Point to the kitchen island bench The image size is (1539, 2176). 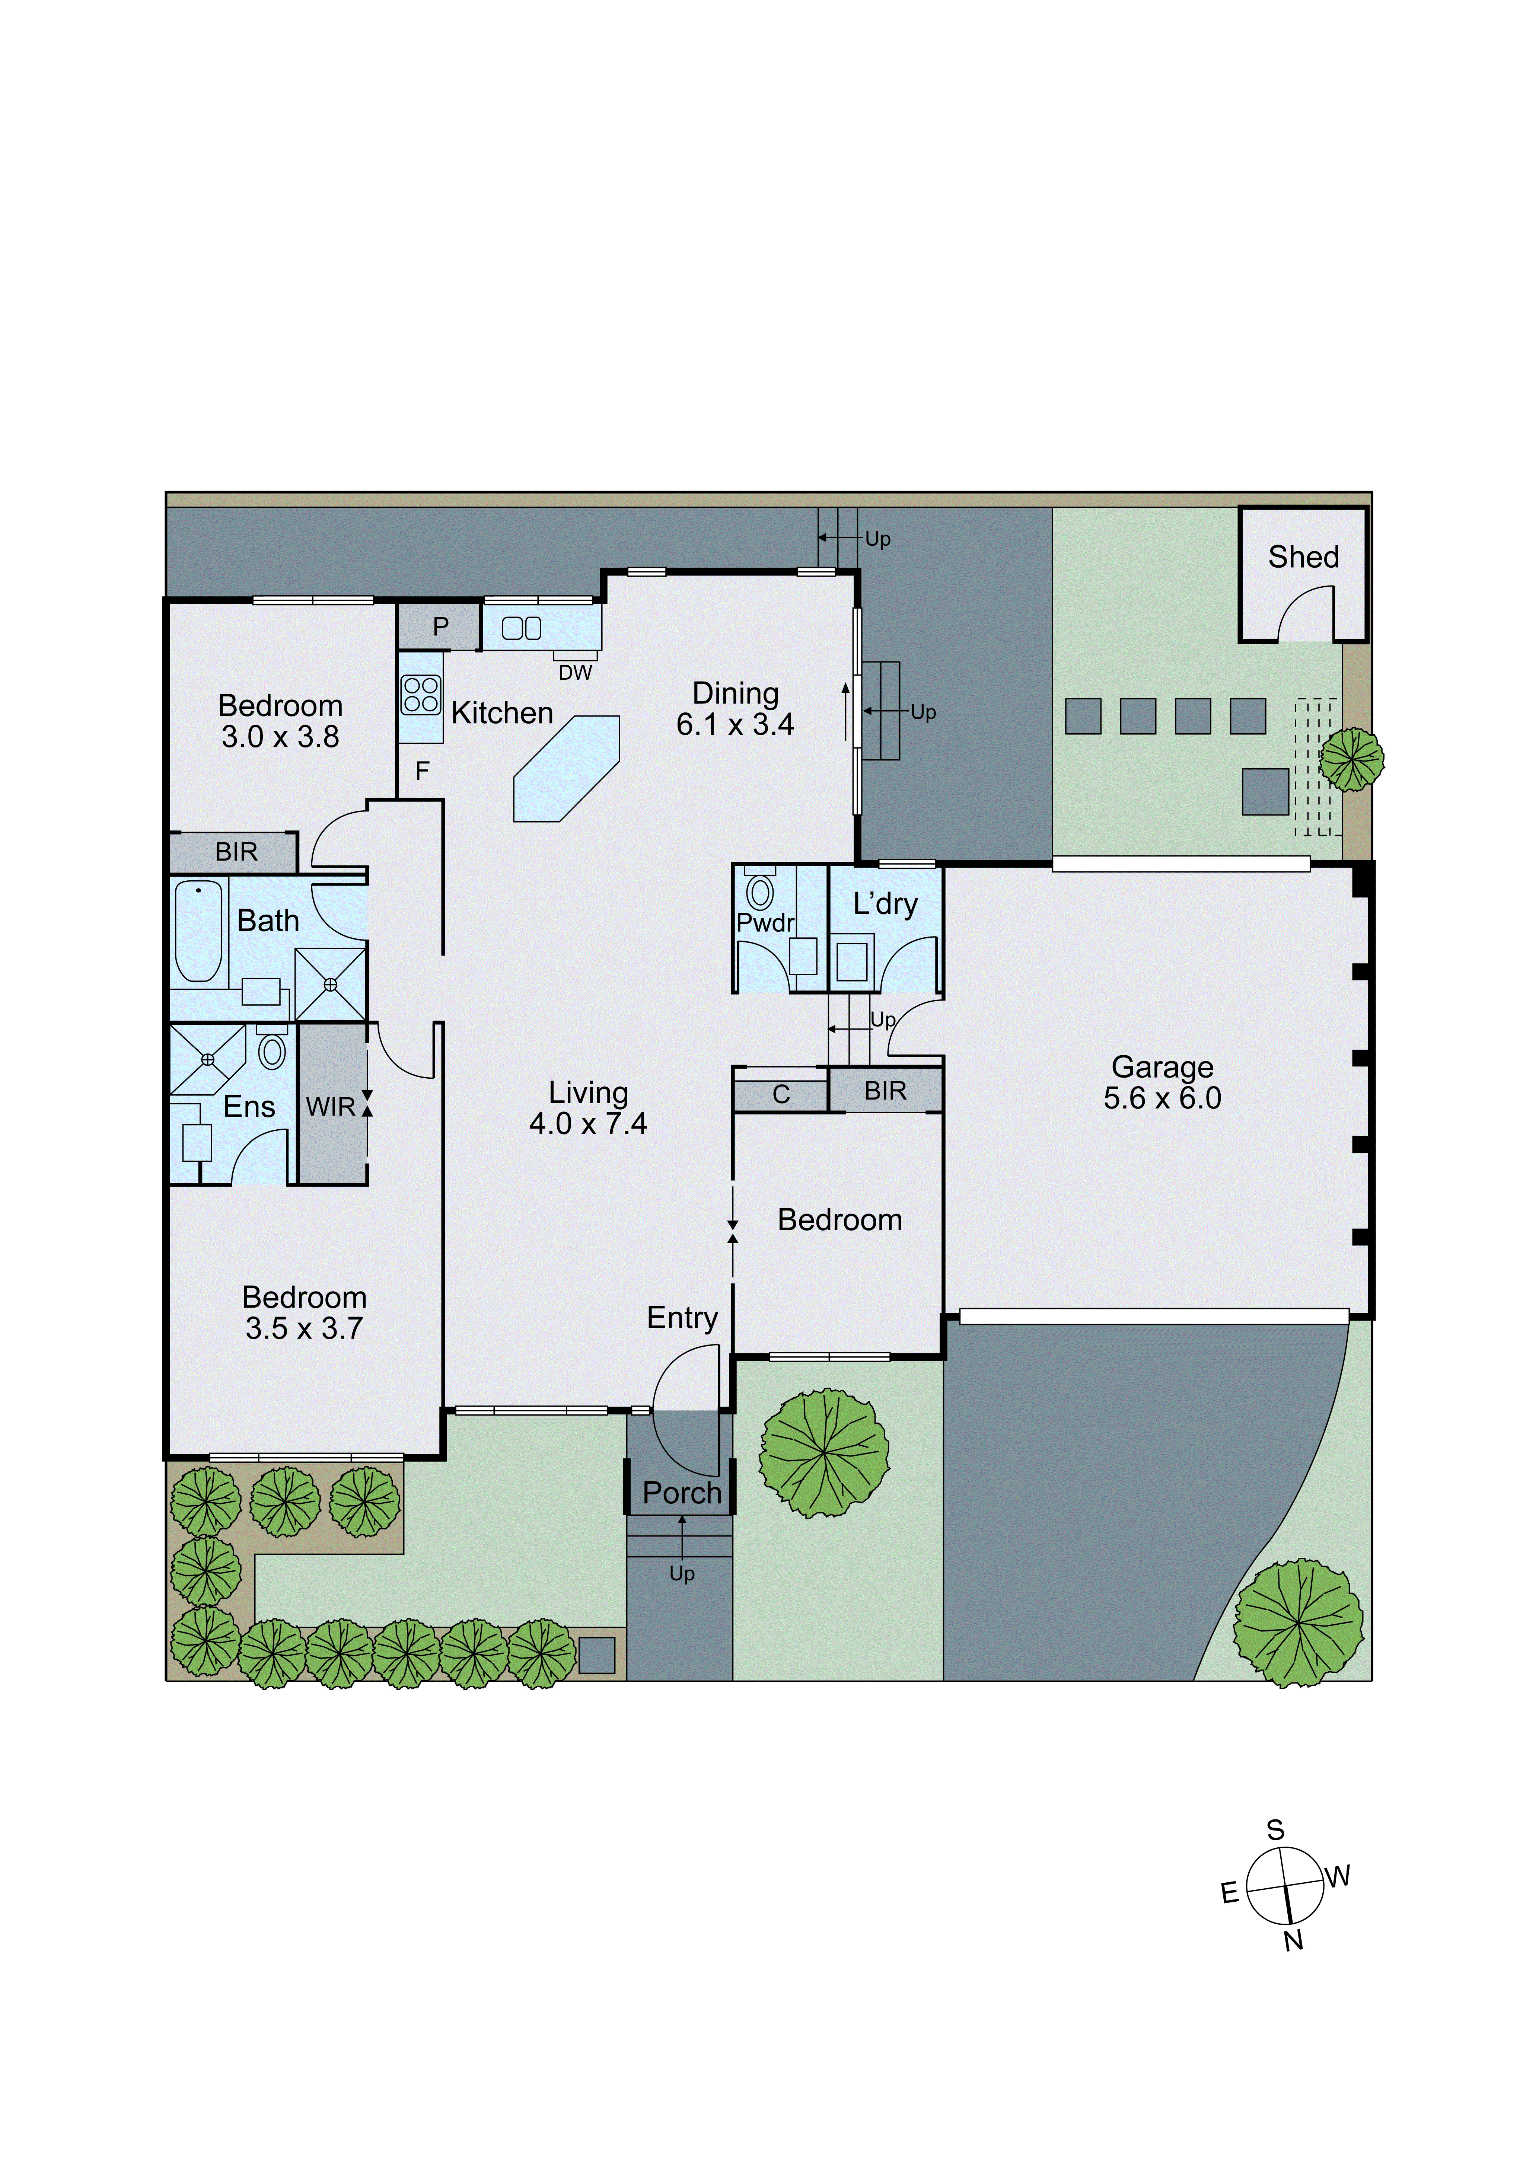[566, 769]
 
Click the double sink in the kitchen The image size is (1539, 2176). [521, 628]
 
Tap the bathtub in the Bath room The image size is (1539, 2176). [198, 930]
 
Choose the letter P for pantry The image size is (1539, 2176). [441, 626]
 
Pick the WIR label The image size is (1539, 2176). [330, 1107]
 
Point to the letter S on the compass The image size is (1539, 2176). [1275, 1830]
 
